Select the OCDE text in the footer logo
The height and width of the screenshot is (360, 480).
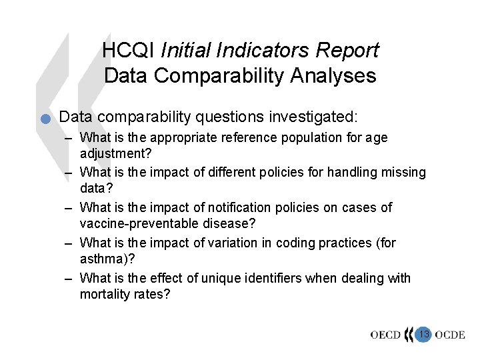click(450, 335)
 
